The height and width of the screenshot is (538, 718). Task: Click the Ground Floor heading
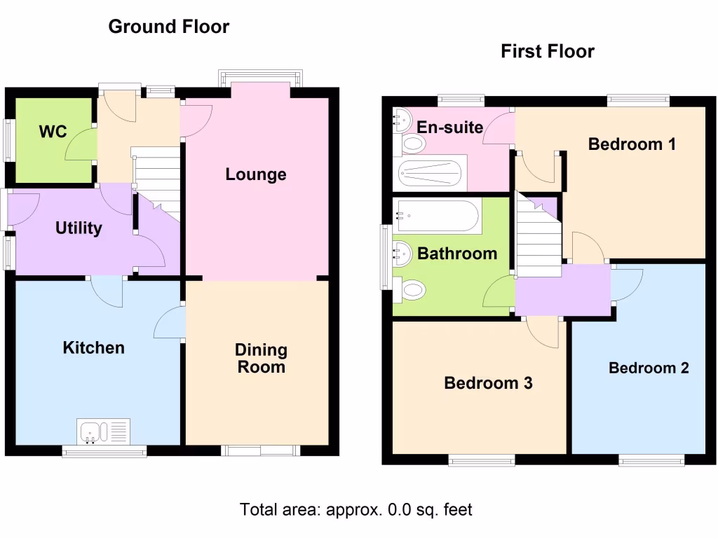click(168, 27)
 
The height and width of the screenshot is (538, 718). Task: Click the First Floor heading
click(547, 51)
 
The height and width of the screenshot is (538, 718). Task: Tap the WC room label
click(53, 132)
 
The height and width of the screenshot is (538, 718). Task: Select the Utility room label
click(79, 228)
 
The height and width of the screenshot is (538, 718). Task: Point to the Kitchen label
click(93, 348)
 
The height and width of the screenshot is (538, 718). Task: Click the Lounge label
click(255, 174)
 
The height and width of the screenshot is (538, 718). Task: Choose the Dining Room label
click(261, 358)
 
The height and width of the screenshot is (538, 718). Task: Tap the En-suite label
click(449, 127)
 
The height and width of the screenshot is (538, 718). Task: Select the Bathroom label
click(456, 254)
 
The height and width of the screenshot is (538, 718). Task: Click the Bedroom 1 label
click(632, 144)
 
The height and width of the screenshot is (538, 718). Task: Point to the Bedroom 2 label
click(648, 368)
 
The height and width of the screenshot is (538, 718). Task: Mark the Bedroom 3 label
click(488, 383)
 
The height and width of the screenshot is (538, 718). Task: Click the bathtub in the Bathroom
click(438, 216)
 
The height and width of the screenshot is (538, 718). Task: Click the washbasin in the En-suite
click(401, 120)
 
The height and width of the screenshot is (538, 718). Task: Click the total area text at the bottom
click(356, 509)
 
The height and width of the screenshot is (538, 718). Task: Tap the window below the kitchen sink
click(104, 452)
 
